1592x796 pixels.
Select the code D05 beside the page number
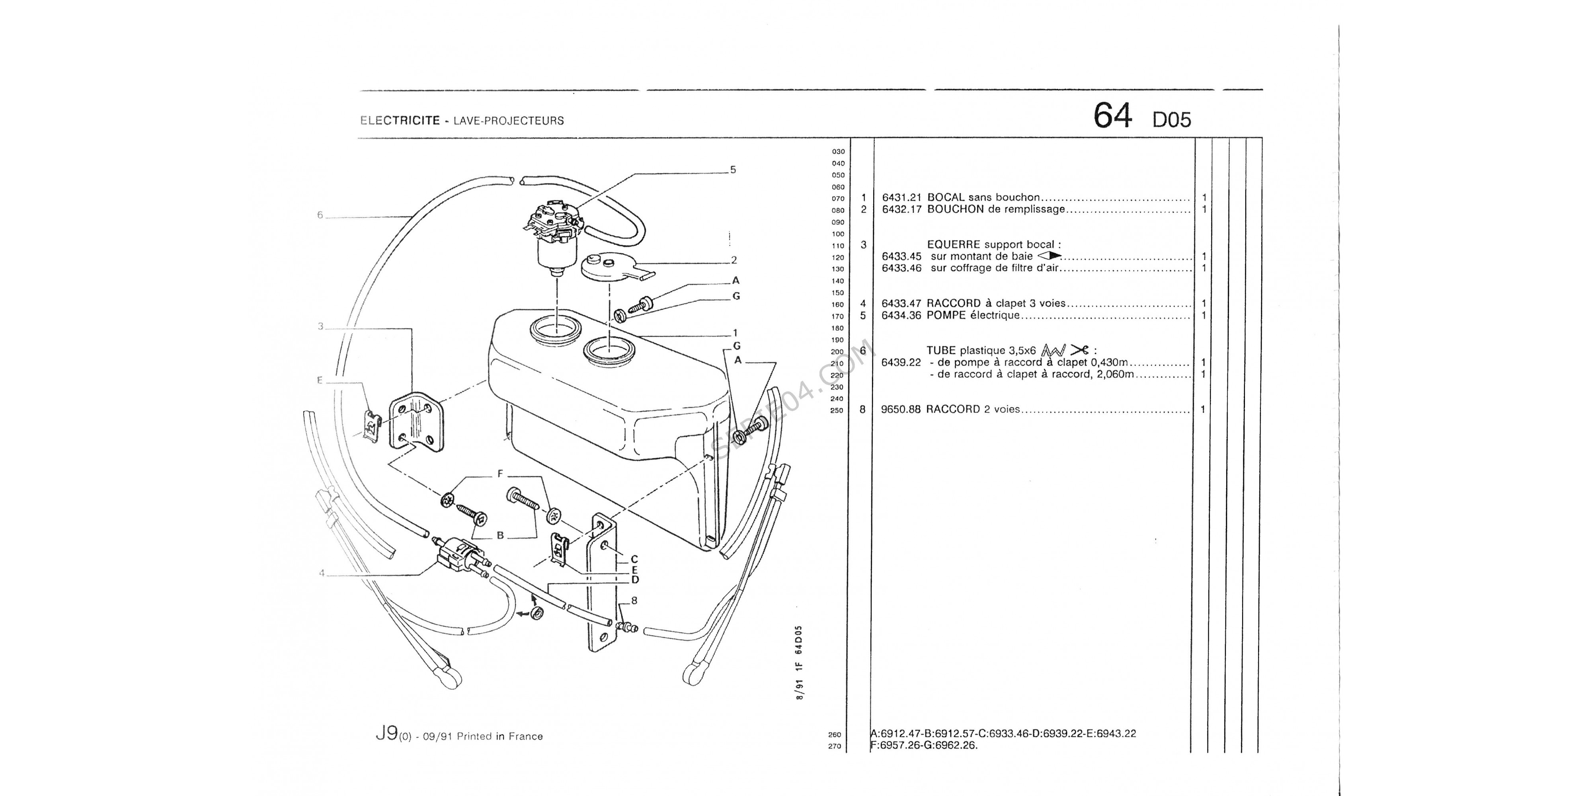tap(1171, 120)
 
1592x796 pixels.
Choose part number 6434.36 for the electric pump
tap(901, 315)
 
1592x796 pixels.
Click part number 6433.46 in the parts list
tap(901, 268)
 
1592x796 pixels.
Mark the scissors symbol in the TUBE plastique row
tap(1079, 350)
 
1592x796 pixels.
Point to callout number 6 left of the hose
tap(320, 215)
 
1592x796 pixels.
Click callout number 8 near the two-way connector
tap(634, 601)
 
